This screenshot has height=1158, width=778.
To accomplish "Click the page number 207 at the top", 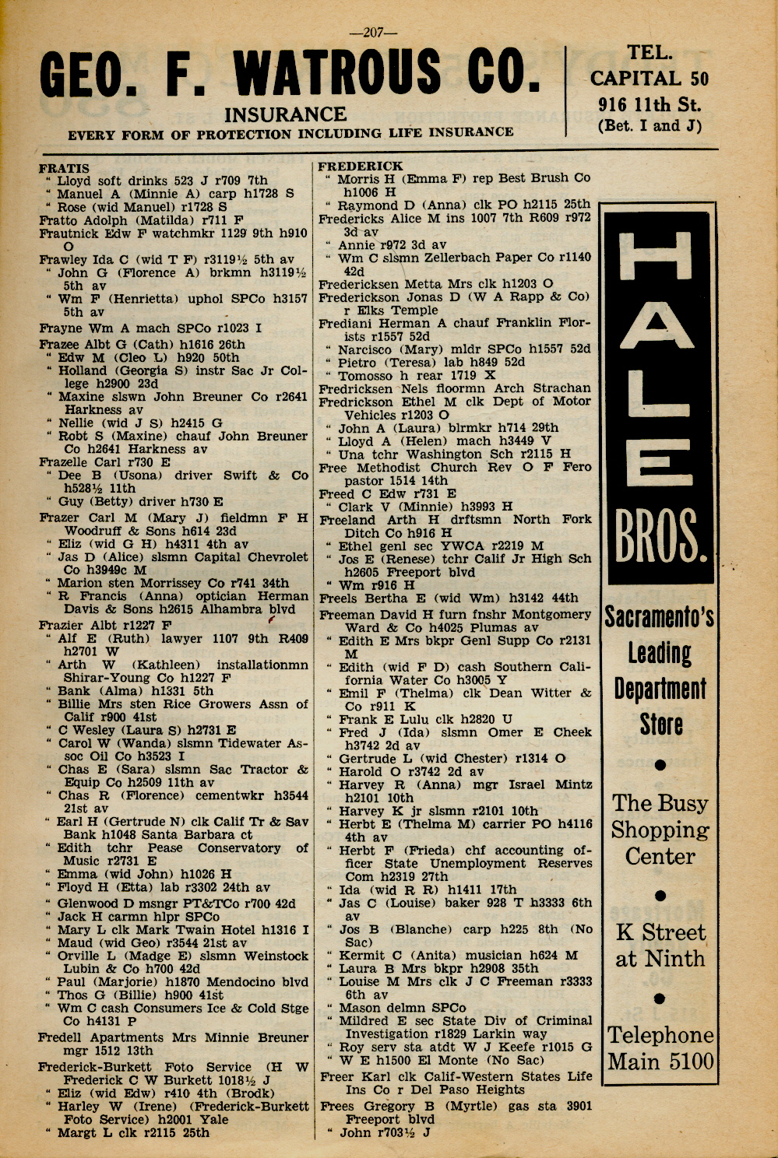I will click(374, 32).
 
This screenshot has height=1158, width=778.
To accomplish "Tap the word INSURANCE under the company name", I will click(285, 115).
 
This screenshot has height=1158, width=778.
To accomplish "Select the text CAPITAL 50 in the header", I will click(650, 78).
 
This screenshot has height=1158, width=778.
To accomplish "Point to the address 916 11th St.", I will click(650, 104).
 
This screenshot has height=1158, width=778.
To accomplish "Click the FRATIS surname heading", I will click(64, 167).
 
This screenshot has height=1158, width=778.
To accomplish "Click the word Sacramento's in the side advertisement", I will click(660, 618).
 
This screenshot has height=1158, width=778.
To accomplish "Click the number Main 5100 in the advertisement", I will click(660, 1061).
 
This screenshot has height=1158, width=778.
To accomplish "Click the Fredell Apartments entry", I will click(101, 1037).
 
